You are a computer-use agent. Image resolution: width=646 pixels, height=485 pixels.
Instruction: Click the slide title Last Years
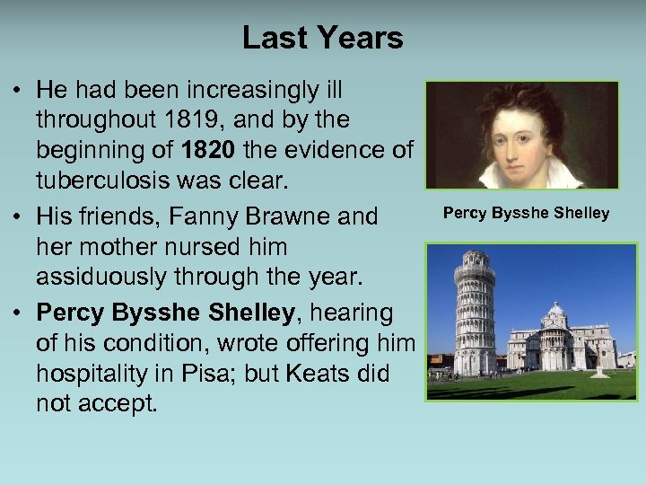coord(322,38)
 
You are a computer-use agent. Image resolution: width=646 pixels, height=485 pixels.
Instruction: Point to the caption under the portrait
coord(526,213)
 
